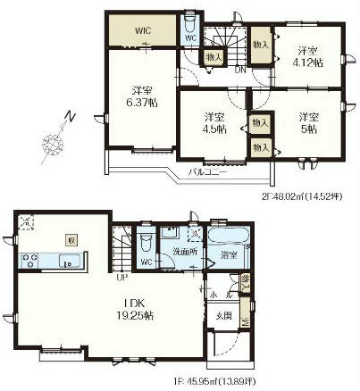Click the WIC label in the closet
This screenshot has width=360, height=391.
[143, 30]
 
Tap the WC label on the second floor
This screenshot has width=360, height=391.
[191, 38]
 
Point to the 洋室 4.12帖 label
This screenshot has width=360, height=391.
[306, 56]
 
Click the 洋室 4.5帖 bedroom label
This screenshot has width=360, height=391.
[213, 122]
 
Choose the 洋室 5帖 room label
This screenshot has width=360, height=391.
[308, 122]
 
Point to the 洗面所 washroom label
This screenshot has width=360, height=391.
[185, 253]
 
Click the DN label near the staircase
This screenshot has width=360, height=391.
[240, 70]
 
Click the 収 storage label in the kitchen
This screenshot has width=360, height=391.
[71, 239]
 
